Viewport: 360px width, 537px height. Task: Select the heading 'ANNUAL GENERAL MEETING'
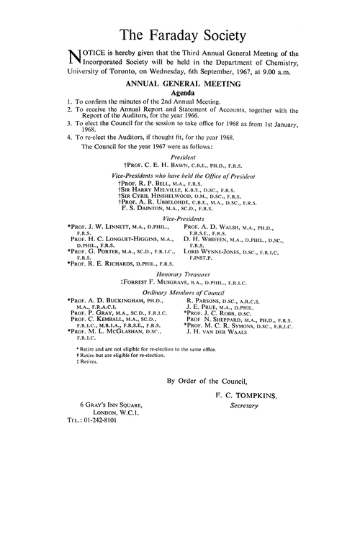pyautogui.click(x=180, y=85)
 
